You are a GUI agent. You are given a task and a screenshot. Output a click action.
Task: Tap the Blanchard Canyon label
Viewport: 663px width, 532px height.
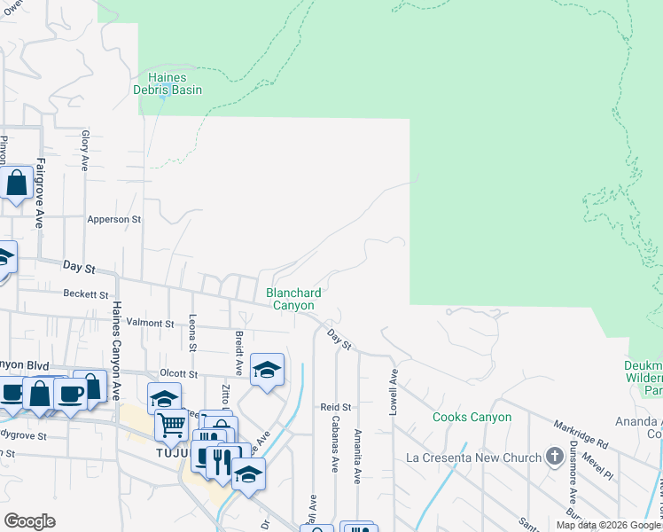pos(293,299)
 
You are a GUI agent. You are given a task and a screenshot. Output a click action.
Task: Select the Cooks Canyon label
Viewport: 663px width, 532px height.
pos(472,417)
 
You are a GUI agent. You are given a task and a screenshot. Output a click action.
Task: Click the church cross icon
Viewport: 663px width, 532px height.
pos(555,458)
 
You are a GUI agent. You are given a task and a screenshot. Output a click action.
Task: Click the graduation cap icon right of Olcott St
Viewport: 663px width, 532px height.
pos(266,370)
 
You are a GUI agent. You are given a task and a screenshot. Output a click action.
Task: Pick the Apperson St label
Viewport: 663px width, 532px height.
pos(113,219)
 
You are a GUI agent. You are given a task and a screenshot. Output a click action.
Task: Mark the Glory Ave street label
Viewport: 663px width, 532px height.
pos(85,151)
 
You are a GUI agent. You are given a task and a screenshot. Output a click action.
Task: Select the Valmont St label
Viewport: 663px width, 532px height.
pos(151,324)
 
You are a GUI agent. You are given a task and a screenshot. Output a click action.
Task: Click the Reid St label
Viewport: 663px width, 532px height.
pos(336,407)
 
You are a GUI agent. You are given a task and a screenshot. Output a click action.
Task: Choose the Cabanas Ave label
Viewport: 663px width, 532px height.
pos(336,443)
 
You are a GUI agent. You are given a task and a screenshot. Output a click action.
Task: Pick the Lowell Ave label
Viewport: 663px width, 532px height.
pos(392,391)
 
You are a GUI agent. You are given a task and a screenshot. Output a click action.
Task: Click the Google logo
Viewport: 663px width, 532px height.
pos(29,520)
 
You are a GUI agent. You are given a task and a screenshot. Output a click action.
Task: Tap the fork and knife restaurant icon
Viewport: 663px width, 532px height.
pos(222,460)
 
